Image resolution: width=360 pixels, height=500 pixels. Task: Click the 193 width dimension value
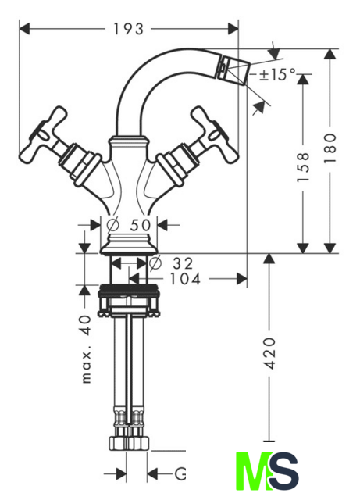[129, 30]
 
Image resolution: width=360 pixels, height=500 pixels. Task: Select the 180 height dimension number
[330, 148]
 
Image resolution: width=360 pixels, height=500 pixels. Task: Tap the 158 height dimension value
[303, 167]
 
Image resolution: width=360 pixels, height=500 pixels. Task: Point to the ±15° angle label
[277, 75]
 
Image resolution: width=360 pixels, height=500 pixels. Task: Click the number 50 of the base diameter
[141, 225]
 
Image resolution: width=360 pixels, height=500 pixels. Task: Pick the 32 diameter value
[183, 263]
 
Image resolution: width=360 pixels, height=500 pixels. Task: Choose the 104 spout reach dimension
[185, 279]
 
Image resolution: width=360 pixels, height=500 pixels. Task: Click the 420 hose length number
[270, 353]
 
